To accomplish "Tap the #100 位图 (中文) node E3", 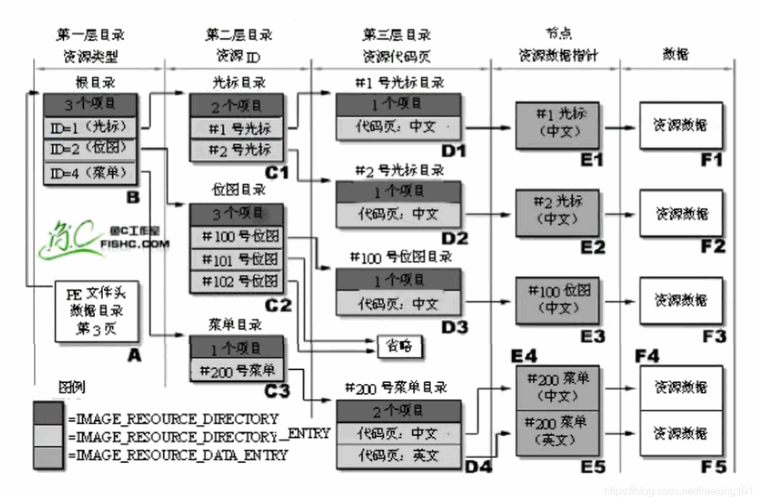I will pos(559,299).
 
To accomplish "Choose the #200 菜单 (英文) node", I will pos(559,432).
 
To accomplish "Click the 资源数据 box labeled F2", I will pos(681,213).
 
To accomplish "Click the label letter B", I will pos(133,197).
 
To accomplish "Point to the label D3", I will pos(454,327).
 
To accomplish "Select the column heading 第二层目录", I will pos(239,35).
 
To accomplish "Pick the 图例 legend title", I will pos(72,388).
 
